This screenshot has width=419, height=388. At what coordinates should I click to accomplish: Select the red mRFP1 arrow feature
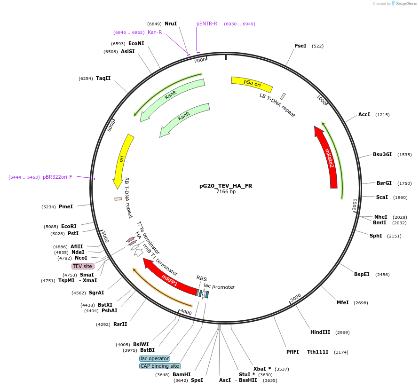click(169, 278)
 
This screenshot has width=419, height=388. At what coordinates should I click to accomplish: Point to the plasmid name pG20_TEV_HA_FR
click(226, 186)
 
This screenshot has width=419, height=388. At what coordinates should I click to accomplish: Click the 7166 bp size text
click(226, 192)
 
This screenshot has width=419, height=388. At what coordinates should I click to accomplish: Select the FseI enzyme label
click(300, 46)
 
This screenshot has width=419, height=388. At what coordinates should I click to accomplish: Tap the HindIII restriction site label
click(320, 333)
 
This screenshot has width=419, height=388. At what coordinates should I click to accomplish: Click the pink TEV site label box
click(82, 266)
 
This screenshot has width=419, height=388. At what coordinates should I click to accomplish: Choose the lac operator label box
click(155, 358)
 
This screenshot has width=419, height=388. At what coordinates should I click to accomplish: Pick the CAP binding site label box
click(160, 366)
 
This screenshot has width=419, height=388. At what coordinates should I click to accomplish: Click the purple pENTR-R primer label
click(207, 24)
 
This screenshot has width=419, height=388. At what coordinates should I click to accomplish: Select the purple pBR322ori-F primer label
click(58, 177)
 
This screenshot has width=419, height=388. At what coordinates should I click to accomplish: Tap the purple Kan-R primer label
click(155, 32)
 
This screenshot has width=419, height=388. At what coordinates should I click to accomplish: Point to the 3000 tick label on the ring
click(295, 298)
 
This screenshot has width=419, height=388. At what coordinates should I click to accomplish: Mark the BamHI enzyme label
click(181, 374)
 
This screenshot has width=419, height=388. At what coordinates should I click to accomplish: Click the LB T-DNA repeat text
click(277, 105)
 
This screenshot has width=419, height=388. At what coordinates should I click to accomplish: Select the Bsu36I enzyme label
click(382, 154)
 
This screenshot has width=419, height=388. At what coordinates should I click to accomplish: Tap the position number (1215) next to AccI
click(382, 115)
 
